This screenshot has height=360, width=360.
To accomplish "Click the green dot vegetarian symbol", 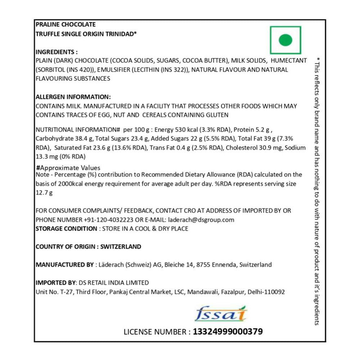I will [285, 40].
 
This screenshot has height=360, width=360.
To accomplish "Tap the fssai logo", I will [221, 314].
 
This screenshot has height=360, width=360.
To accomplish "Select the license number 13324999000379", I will [228, 332].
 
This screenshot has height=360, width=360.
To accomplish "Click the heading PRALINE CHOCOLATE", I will [66, 24].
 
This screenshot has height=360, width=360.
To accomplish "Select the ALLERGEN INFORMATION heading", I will [73, 97].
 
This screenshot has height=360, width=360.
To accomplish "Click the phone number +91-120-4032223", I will [109, 220].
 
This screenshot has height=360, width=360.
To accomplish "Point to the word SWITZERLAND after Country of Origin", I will [121, 247].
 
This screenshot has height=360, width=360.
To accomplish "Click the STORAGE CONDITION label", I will [66, 229].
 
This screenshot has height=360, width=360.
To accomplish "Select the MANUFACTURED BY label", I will [64, 265].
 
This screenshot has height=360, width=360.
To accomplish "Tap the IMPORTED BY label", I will [56, 283].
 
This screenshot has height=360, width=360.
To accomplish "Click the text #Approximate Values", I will [68, 168].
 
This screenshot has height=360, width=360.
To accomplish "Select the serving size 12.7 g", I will [44, 193].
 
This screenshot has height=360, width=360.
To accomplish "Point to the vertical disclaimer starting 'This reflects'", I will [317, 191].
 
